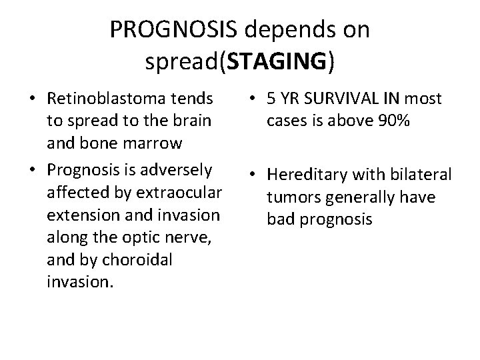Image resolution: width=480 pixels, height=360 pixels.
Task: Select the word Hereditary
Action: [304, 175]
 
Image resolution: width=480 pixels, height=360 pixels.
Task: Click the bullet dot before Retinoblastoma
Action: [33, 100]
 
